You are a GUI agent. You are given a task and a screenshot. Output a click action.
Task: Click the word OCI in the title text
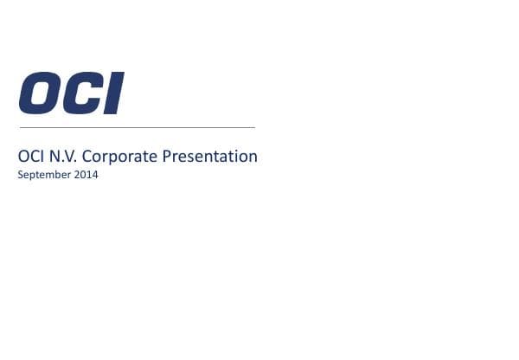[30, 157]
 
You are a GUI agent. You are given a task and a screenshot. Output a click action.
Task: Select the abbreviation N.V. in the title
[60, 157]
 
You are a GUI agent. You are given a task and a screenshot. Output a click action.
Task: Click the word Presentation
[207, 157]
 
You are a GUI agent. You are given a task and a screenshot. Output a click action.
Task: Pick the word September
[44, 175]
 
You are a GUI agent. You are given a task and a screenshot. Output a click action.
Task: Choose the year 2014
[86, 175]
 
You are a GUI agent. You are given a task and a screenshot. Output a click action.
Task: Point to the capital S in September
[20, 175]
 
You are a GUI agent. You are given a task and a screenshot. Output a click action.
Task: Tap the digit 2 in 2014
[78, 175]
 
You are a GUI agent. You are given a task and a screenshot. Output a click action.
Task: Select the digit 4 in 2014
[95, 175]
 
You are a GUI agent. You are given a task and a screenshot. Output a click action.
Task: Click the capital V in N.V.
[66, 157]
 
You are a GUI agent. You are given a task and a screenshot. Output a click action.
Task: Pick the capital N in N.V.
[52, 157]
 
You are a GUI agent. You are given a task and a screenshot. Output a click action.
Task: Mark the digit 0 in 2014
[84, 175]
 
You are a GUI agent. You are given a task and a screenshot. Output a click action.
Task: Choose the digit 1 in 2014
[90, 175]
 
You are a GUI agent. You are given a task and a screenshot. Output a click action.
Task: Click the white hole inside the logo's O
[41, 93]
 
